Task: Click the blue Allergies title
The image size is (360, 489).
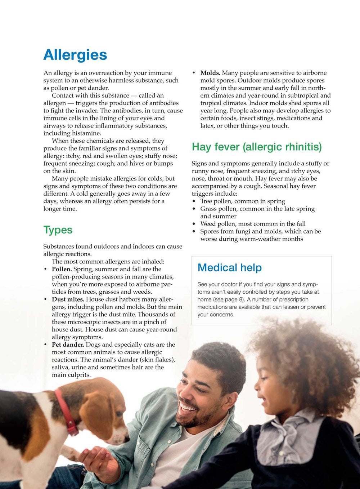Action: pyautogui.click(x=75, y=55)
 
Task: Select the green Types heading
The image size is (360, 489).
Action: pyautogui.click(x=58, y=230)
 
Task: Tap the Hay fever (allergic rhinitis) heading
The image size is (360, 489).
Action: pyautogui.click(x=257, y=147)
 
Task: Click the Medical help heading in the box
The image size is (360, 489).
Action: pyautogui.click(x=229, y=268)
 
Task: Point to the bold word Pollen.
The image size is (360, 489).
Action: pyautogui.click(x=62, y=269)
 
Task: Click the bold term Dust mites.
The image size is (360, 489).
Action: pyautogui.click(x=68, y=299)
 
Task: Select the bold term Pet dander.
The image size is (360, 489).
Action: pyautogui.click(x=68, y=344)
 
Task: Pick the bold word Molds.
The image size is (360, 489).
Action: pyautogui.click(x=210, y=73)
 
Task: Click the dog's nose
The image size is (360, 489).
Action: pyautogui.click(x=126, y=439)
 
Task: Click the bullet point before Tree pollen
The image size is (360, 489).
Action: pyautogui.click(x=194, y=201)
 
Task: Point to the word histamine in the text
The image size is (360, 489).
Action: pyautogui.click(x=86, y=133)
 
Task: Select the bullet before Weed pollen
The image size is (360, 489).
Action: pyautogui.click(x=194, y=224)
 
